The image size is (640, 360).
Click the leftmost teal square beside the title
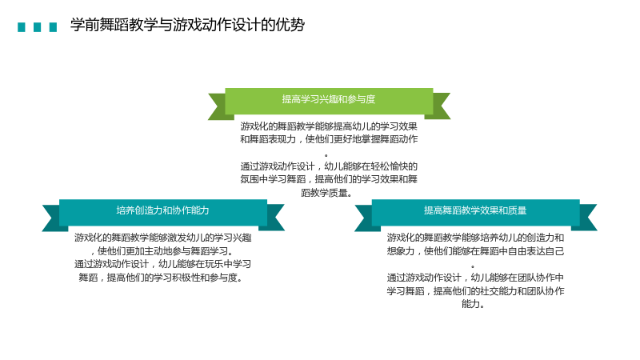pos(22,27)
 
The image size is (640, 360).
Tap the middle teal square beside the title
pos(37,27)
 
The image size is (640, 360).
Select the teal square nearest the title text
pos(53,27)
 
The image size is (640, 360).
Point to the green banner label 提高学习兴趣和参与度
pos(329,99)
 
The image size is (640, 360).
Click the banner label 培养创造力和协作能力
pos(162,210)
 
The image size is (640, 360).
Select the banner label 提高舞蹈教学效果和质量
pos(475,210)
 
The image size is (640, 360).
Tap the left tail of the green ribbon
pos(218,106)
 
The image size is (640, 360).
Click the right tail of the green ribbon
pos(441,106)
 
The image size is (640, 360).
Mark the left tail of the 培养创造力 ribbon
pos(52,218)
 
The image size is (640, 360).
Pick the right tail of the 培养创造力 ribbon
pos(275,218)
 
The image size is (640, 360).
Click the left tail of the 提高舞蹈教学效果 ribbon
pos(364,218)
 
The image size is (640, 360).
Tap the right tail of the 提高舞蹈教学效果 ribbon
pos(588,218)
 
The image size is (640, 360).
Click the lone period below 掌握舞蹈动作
pos(326,155)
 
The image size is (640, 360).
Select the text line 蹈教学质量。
pos(326,193)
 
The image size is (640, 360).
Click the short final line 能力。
pos(473,304)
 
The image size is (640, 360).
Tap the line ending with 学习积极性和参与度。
pos(162,278)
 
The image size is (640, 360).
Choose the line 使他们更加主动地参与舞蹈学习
pos(162,250)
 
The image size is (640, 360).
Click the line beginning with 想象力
pos(475,251)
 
